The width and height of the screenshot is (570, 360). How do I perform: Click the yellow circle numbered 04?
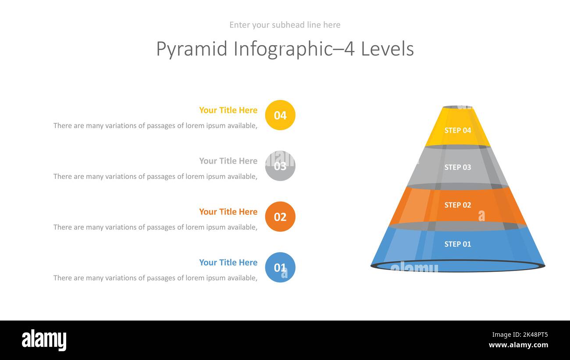(280, 115)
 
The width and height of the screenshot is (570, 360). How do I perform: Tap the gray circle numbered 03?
(280, 166)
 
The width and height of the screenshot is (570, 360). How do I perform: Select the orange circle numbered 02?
(280, 217)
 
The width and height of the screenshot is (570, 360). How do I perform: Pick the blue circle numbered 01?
(280, 267)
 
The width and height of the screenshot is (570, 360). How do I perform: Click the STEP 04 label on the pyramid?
(457, 130)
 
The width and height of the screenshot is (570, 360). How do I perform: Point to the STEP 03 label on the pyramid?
(457, 167)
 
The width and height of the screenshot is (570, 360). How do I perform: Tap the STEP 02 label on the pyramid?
(457, 205)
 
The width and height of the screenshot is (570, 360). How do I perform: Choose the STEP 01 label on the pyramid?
(457, 244)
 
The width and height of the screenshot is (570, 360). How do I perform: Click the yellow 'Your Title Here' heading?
(228, 110)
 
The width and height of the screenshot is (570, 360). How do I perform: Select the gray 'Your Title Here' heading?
(228, 161)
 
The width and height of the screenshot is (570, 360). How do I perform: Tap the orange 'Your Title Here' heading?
(228, 211)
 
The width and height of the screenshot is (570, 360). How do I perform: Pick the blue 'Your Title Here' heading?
(228, 262)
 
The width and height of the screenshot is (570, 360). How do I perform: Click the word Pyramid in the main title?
(192, 49)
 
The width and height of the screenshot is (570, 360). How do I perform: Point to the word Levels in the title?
(387, 49)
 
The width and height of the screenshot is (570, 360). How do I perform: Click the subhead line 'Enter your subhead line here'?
(285, 25)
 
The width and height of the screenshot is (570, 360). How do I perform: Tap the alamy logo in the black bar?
(44, 340)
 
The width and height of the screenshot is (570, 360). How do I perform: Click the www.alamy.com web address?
(518, 345)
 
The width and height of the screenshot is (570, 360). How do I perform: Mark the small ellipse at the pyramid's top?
(457, 107)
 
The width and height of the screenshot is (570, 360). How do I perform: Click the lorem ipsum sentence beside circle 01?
(155, 278)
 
